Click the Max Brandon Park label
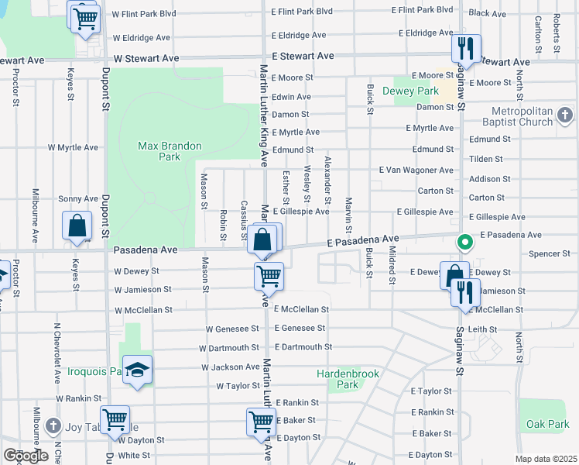[x=170, y=151]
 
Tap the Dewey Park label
[x=411, y=91]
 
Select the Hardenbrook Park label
[x=348, y=379]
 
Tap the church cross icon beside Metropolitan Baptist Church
[x=565, y=116]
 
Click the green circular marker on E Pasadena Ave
[x=464, y=243]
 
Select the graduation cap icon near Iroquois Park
[x=137, y=371]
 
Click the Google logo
[x=26, y=456]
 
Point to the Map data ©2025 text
[x=546, y=459]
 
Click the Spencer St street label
[x=550, y=253]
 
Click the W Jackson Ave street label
[x=231, y=367]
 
